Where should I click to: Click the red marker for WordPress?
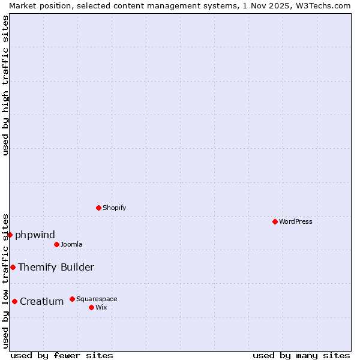tap(275, 221)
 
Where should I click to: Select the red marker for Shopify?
tap(98, 208)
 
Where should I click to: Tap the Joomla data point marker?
tap(56, 244)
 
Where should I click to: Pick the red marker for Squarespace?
tap(72, 299)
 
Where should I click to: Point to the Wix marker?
tap(91, 307)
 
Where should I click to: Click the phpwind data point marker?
tap(10, 235)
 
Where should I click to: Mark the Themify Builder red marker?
tap(13, 267)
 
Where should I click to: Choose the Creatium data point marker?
tap(14, 301)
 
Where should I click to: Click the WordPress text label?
tap(296, 221)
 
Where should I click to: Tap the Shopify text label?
tap(114, 208)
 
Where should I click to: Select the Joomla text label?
tap(71, 244)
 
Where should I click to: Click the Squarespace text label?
tap(97, 299)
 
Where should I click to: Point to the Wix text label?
tap(101, 307)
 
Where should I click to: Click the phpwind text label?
tap(35, 235)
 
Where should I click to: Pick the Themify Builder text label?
tap(56, 267)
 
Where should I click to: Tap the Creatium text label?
tap(41, 301)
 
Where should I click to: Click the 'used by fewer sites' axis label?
tap(62, 355)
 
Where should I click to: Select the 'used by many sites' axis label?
tap(301, 355)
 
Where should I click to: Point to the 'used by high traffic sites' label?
tap(5, 85)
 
